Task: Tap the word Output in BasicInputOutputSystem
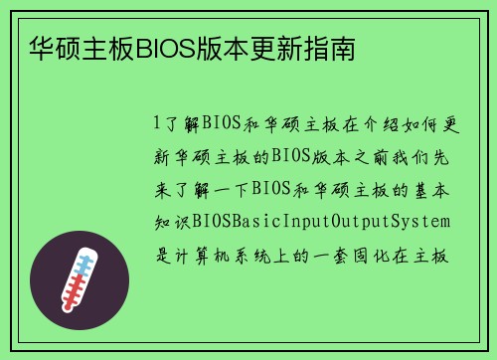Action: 370,220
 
